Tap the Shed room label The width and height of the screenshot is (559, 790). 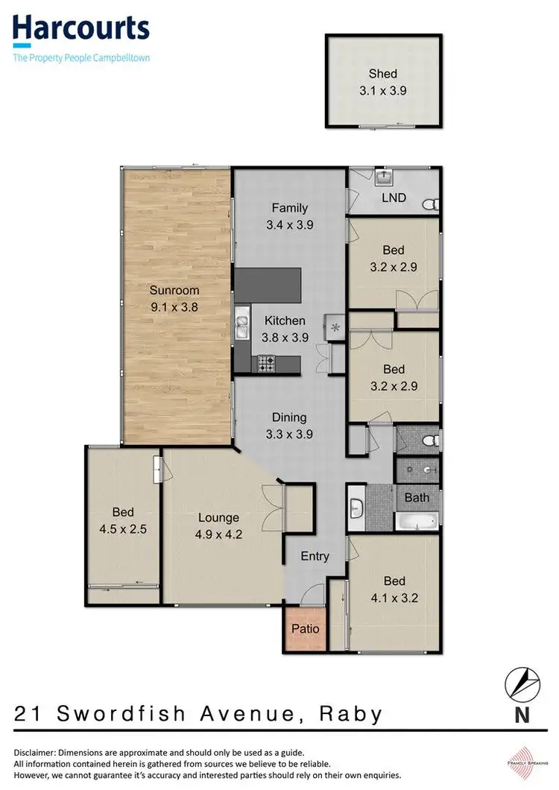coord(383,74)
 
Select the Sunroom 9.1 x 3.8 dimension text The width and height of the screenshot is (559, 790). coord(174,305)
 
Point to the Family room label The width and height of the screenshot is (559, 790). coord(289,208)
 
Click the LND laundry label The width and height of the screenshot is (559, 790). coord(394,197)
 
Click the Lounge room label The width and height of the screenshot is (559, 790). coord(218,517)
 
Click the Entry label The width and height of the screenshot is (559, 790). coord(315,556)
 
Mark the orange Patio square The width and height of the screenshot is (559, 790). coord(305,628)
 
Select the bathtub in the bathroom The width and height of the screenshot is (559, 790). coord(415,521)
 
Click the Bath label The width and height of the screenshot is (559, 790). coord(417,497)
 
